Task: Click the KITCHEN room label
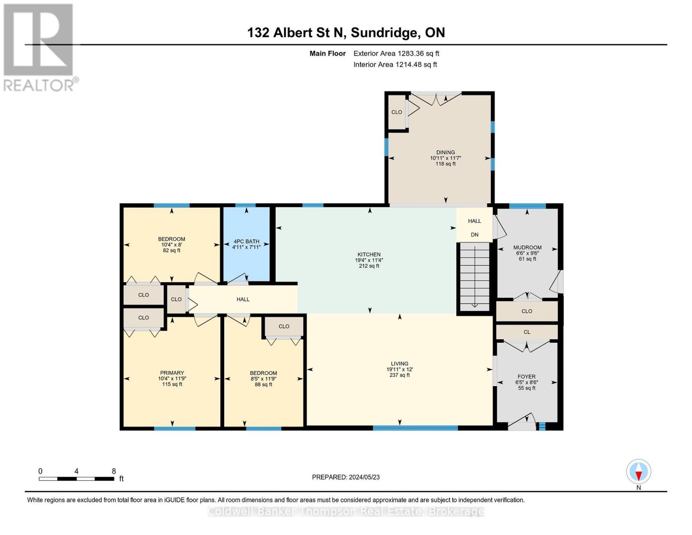click(x=369, y=255)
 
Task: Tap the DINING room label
click(x=446, y=152)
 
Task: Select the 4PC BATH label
click(x=246, y=241)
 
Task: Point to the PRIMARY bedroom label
click(x=172, y=373)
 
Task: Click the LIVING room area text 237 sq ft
click(x=400, y=375)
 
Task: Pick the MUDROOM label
click(x=527, y=247)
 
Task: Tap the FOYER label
click(x=526, y=376)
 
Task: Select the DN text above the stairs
click(x=475, y=235)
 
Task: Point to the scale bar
click(x=76, y=479)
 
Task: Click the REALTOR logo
click(x=39, y=47)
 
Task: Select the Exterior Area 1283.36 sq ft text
click(x=396, y=53)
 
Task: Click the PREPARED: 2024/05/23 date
click(x=346, y=477)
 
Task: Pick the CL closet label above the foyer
click(x=527, y=332)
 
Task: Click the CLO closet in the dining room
click(x=397, y=112)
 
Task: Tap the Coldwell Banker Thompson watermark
click(x=346, y=511)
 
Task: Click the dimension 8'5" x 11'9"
click(x=263, y=379)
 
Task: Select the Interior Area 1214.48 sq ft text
click(x=395, y=65)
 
